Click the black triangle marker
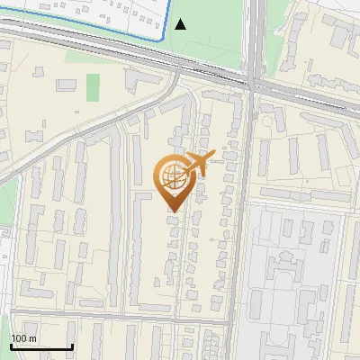point(181,24)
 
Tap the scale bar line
point(41,346)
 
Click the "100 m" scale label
point(23,337)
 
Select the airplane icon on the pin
point(197,164)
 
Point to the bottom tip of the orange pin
point(173,212)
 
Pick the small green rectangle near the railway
point(93,87)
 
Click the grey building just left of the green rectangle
point(67,84)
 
